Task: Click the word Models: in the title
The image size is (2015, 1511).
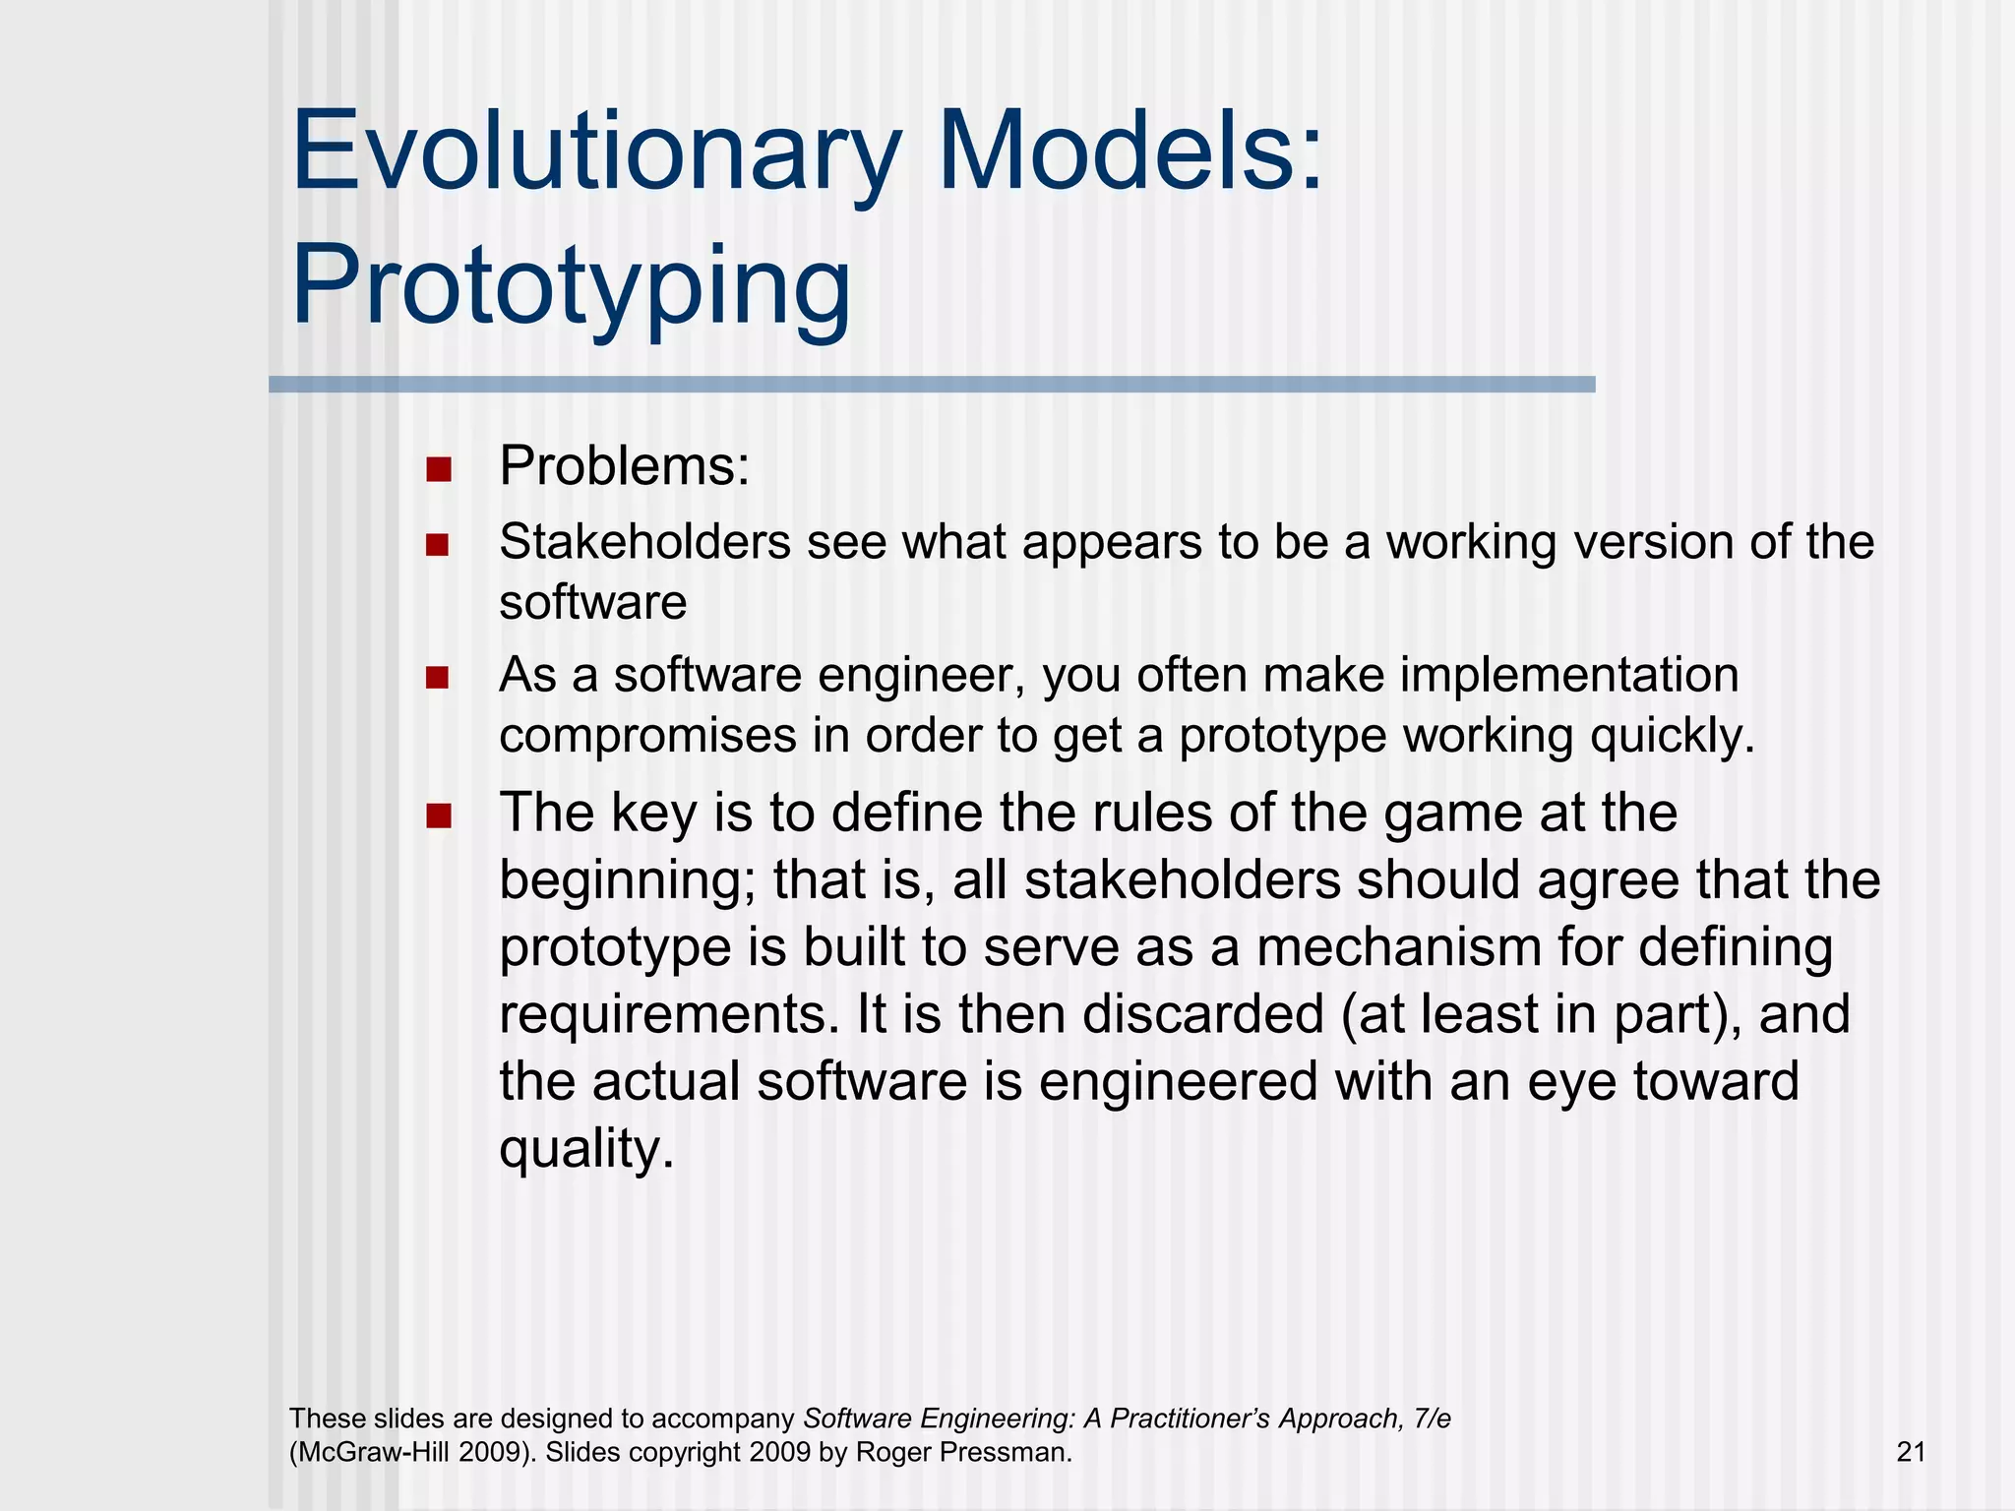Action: tap(1131, 152)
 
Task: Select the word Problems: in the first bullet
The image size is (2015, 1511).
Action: tap(624, 466)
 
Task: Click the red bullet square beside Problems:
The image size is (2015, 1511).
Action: tap(439, 468)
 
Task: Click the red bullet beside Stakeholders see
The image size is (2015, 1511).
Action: tap(438, 544)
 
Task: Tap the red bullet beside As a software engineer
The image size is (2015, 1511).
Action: tap(438, 677)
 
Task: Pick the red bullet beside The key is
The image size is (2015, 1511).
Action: tap(439, 815)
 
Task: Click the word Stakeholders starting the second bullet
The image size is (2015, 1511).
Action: tap(644, 542)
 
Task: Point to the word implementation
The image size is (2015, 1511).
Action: tap(1568, 676)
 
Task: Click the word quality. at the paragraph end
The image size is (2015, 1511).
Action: tap(586, 1149)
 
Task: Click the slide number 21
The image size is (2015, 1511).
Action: tap(1910, 1452)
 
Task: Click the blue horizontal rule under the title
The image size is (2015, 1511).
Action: tap(931, 385)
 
